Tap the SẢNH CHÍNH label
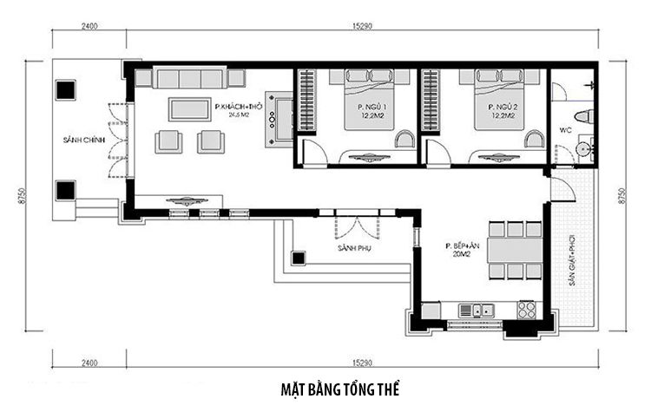[x=77, y=140]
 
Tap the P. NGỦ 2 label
[x=503, y=107]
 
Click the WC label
[x=565, y=131]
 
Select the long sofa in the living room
[x=190, y=79]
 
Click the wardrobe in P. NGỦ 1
[x=306, y=100]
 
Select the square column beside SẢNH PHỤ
[x=299, y=258]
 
